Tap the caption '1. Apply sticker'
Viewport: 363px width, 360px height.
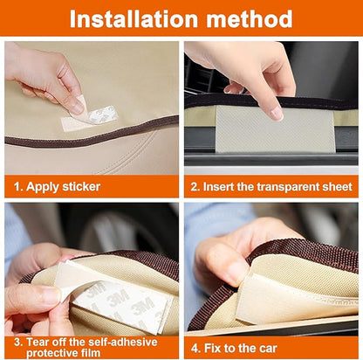(x=57, y=186)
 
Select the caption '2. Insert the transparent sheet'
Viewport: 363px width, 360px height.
(x=272, y=186)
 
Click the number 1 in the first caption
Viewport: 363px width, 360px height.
(x=17, y=186)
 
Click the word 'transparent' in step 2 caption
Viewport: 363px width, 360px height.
(x=296, y=186)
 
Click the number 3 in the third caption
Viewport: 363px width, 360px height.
(x=16, y=341)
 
